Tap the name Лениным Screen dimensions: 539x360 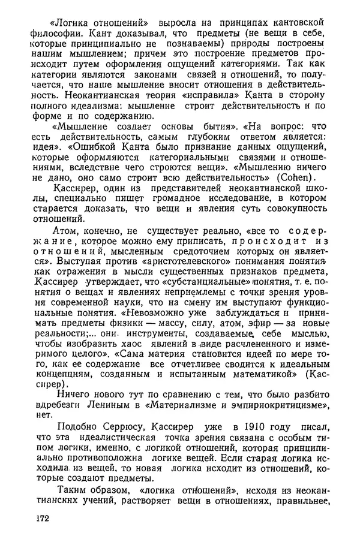124,407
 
